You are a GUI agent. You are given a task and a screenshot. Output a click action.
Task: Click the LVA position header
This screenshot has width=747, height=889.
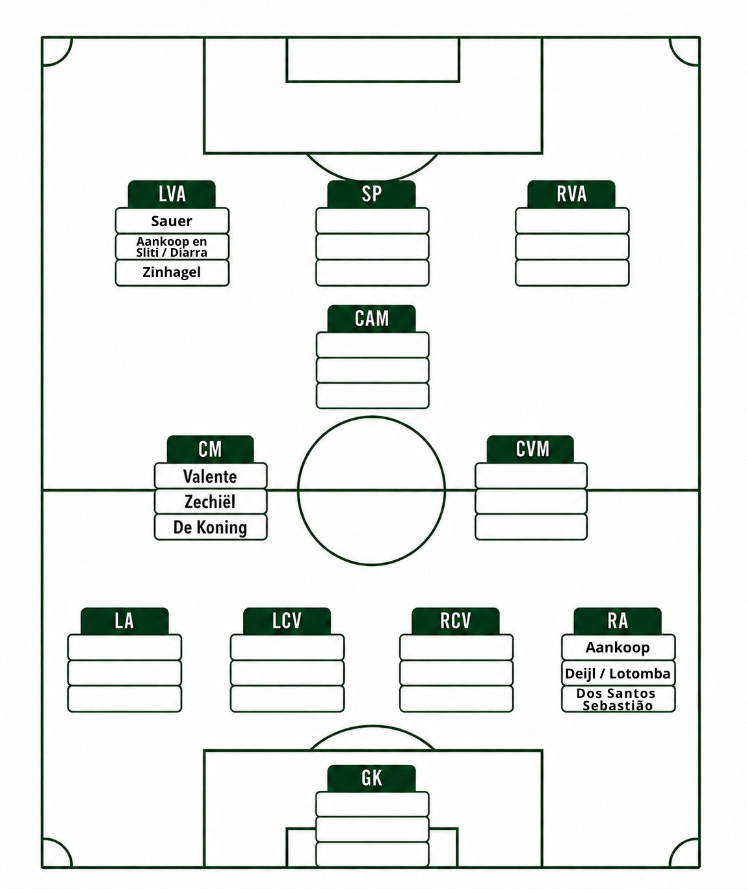click(x=172, y=194)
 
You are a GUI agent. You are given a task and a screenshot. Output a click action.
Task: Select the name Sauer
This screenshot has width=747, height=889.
click(x=172, y=221)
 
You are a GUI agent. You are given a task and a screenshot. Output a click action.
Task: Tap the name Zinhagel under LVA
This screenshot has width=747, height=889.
click(x=172, y=272)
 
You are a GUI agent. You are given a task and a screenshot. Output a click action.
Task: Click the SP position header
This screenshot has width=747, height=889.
click(x=371, y=194)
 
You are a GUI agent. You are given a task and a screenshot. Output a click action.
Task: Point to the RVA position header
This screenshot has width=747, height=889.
click(x=571, y=194)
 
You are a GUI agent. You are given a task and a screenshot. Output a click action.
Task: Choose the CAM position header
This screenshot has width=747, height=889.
click(x=371, y=318)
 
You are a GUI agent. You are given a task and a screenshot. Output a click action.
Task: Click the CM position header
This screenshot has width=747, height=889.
click(x=211, y=449)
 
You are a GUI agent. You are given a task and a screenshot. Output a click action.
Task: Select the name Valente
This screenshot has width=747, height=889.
click(x=210, y=476)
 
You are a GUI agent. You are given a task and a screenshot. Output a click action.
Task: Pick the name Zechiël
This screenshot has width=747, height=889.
click(x=210, y=502)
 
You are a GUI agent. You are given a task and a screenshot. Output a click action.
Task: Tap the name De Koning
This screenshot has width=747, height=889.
click(x=210, y=528)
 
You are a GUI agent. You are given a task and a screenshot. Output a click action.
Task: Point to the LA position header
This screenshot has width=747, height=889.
click(x=124, y=621)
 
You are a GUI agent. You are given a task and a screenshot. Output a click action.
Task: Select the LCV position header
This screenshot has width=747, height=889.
click(x=287, y=621)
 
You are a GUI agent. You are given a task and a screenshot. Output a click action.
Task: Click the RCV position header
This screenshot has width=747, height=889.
click(x=456, y=621)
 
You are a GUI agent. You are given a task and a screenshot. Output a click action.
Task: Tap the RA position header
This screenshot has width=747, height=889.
click(x=618, y=621)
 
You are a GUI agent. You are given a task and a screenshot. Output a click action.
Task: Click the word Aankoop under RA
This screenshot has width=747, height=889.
click(x=618, y=648)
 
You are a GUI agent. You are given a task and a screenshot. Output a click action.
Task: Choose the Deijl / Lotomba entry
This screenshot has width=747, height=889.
click(x=618, y=673)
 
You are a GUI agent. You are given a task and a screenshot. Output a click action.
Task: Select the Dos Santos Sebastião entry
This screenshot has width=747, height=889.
click(x=618, y=699)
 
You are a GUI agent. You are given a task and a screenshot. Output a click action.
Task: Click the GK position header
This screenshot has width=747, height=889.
click(x=371, y=779)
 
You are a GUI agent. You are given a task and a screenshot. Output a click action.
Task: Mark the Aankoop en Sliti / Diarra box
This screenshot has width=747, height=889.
click(x=172, y=247)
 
